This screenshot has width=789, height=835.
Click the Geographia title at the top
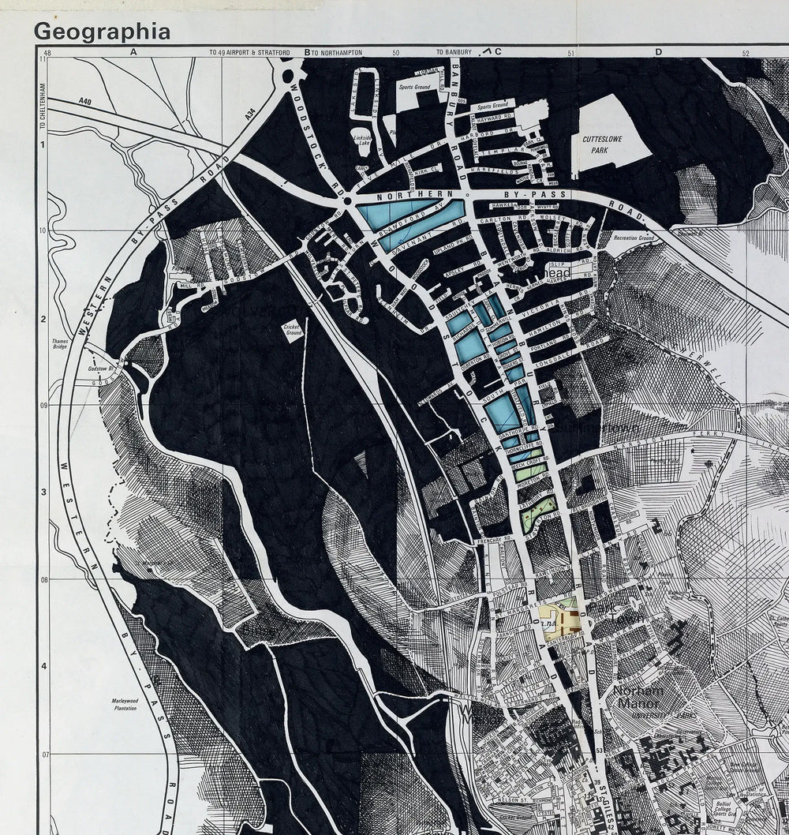click(102, 32)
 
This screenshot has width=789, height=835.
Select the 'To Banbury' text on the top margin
click(454, 52)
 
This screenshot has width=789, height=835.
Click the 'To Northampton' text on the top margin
click(336, 52)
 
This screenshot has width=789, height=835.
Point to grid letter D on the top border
click(657, 52)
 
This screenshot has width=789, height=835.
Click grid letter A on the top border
click(133, 52)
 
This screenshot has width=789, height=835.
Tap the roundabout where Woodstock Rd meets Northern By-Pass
click(346, 202)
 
